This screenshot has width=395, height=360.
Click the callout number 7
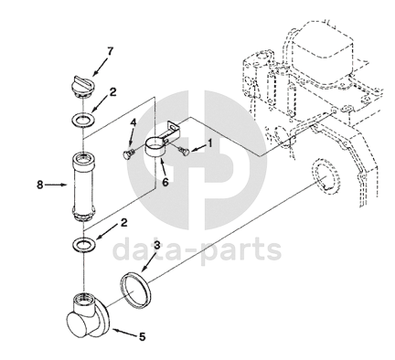click(110, 51)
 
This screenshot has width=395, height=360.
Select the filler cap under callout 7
click(82, 87)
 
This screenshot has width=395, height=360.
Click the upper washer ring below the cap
click(82, 119)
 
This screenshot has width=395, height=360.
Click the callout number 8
click(40, 185)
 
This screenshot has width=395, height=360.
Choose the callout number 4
click(133, 123)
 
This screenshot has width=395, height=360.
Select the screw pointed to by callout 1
click(184, 151)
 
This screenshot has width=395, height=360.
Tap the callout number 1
click(209, 143)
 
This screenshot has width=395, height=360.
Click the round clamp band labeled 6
click(156, 147)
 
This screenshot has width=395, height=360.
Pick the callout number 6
click(165, 182)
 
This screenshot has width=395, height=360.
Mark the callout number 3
click(156, 245)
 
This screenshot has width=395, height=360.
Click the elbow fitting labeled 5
click(88, 317)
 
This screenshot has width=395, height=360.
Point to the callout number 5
click(143, 336)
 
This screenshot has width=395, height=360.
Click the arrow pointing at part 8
click(57, 185)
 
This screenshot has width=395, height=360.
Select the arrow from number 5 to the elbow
click(124, 333)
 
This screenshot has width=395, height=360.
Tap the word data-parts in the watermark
click(197, 249)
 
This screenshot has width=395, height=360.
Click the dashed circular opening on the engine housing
click(326, 179)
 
